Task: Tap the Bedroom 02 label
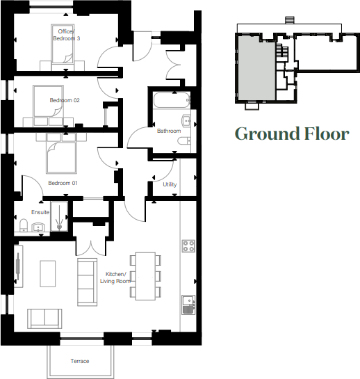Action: point(65,100)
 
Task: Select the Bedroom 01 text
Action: point(63,183)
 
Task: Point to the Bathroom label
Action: point(168,131)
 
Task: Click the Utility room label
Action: point(170,184)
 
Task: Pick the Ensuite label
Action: point(40,212)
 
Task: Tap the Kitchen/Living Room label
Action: point(117,277)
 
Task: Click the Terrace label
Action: point(80,361)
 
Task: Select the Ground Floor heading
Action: point(291,134)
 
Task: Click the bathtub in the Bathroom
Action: point(167,100)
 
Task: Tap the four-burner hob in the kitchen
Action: point(188,245)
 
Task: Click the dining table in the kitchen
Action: point(145,275)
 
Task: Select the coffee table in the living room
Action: point(48,273)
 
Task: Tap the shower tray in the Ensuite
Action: point(60,216)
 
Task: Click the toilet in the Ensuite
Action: point(22,225)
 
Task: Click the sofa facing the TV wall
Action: point(87,282)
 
